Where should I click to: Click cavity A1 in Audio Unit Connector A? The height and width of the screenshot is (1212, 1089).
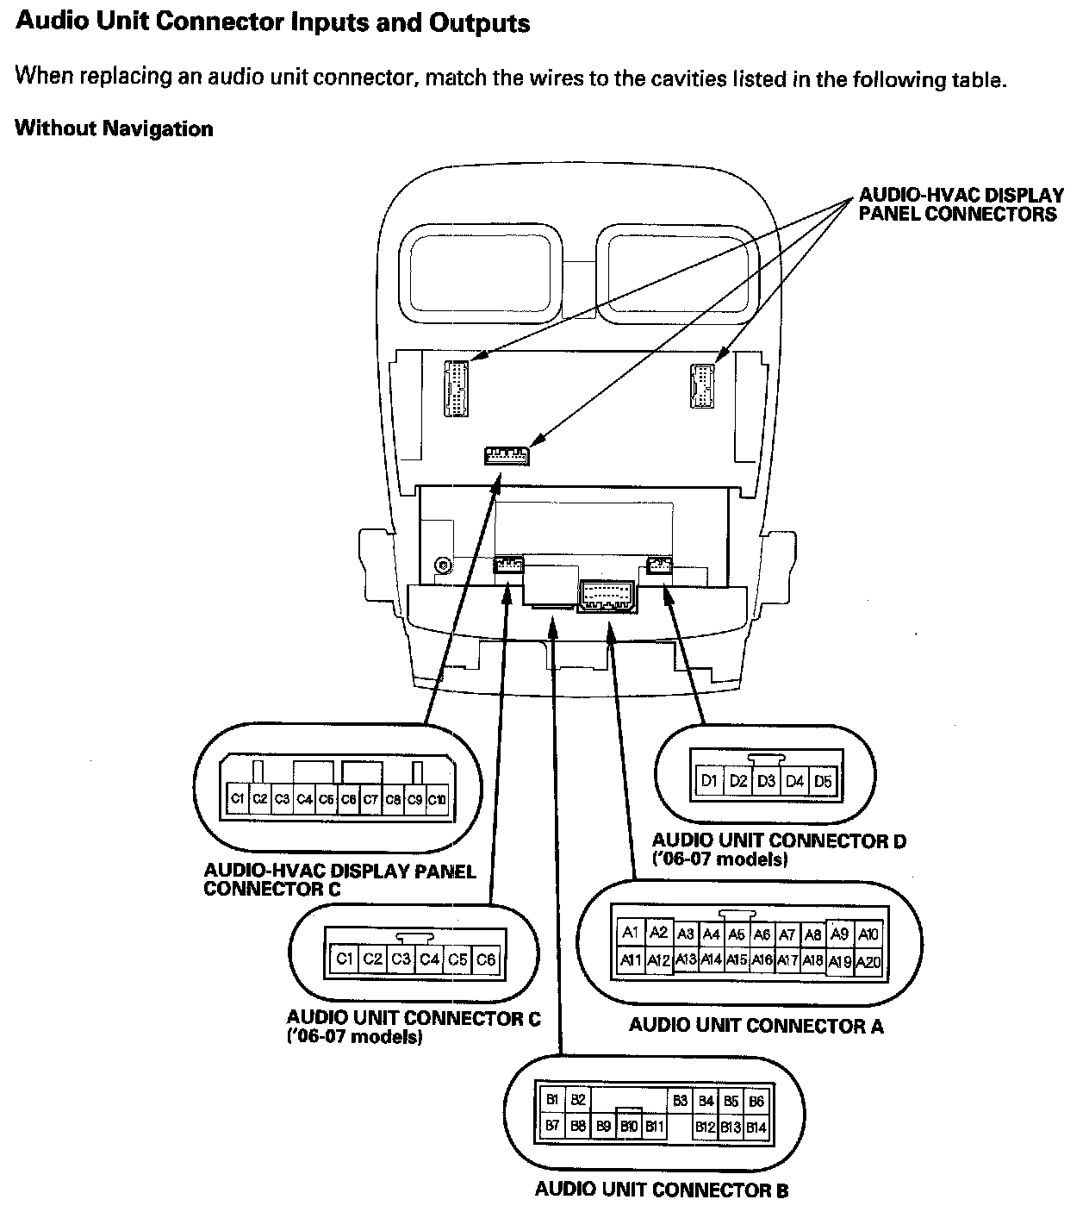click(631, 934)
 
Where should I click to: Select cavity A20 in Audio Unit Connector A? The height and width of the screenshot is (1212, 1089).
click(868, 962)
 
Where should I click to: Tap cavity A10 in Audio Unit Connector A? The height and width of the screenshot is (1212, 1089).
click(868, 934)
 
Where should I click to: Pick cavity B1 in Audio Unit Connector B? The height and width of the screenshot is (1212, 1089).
click(552, 1100)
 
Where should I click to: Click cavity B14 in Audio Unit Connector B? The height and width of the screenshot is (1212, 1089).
click(756, 1127)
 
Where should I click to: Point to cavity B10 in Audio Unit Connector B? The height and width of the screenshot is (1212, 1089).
click(629, 1127)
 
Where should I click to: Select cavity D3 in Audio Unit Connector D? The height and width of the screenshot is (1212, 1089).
click(766, 781)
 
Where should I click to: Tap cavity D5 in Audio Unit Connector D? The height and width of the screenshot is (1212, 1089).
click(823, 781)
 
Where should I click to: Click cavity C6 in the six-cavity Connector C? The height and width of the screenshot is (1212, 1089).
click(486, 959)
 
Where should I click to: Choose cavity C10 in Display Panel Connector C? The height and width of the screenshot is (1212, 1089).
click(437, 799)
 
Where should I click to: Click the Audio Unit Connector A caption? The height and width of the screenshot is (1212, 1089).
click(756, 1025)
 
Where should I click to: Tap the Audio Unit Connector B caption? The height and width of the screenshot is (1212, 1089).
click(661, 1190)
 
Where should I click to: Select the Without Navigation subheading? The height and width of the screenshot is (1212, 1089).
click(115, 129)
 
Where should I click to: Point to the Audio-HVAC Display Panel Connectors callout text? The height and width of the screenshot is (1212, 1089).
click(960, 205)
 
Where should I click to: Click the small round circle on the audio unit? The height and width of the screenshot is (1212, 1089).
click(443, 565)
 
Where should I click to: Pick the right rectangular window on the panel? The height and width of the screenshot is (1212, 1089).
click(677, 272)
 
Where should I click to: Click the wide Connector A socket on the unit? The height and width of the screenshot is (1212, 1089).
click(610, 594)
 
